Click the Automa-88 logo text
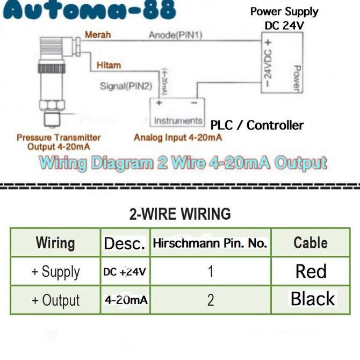click(x=90, y=10)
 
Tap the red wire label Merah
click(x=98, y=35)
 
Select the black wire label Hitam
click(x=109, y=65)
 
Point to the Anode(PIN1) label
click(x=175, y=35)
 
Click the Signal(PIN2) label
click(x=126, y=86)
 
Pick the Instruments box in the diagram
click(x=177, y=112)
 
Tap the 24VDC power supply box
click(x=282, y=62)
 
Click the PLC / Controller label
click(x=257, y=125)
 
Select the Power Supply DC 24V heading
click(x=284, y=18)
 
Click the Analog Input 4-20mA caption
click(x=178, y=138)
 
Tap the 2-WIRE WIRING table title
click(x=180, y=214)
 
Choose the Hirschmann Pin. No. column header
click(x=210, y=243)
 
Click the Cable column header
click(x=311, y=243)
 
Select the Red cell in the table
click(x=311, y=271)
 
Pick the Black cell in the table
click(x=313, y=299)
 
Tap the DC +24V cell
click(x=125, y=272)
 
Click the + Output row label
click(x=56, y=300)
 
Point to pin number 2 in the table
click(x=211, y=300)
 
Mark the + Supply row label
click(x=56, y=272)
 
